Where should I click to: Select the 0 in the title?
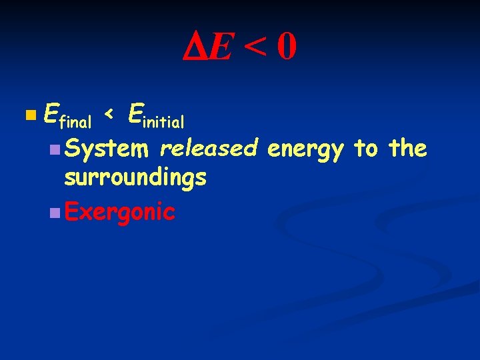(287, 47)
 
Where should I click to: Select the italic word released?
(209, 148)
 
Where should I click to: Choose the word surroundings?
(135, 179)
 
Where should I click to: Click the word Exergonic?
(120, 212)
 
